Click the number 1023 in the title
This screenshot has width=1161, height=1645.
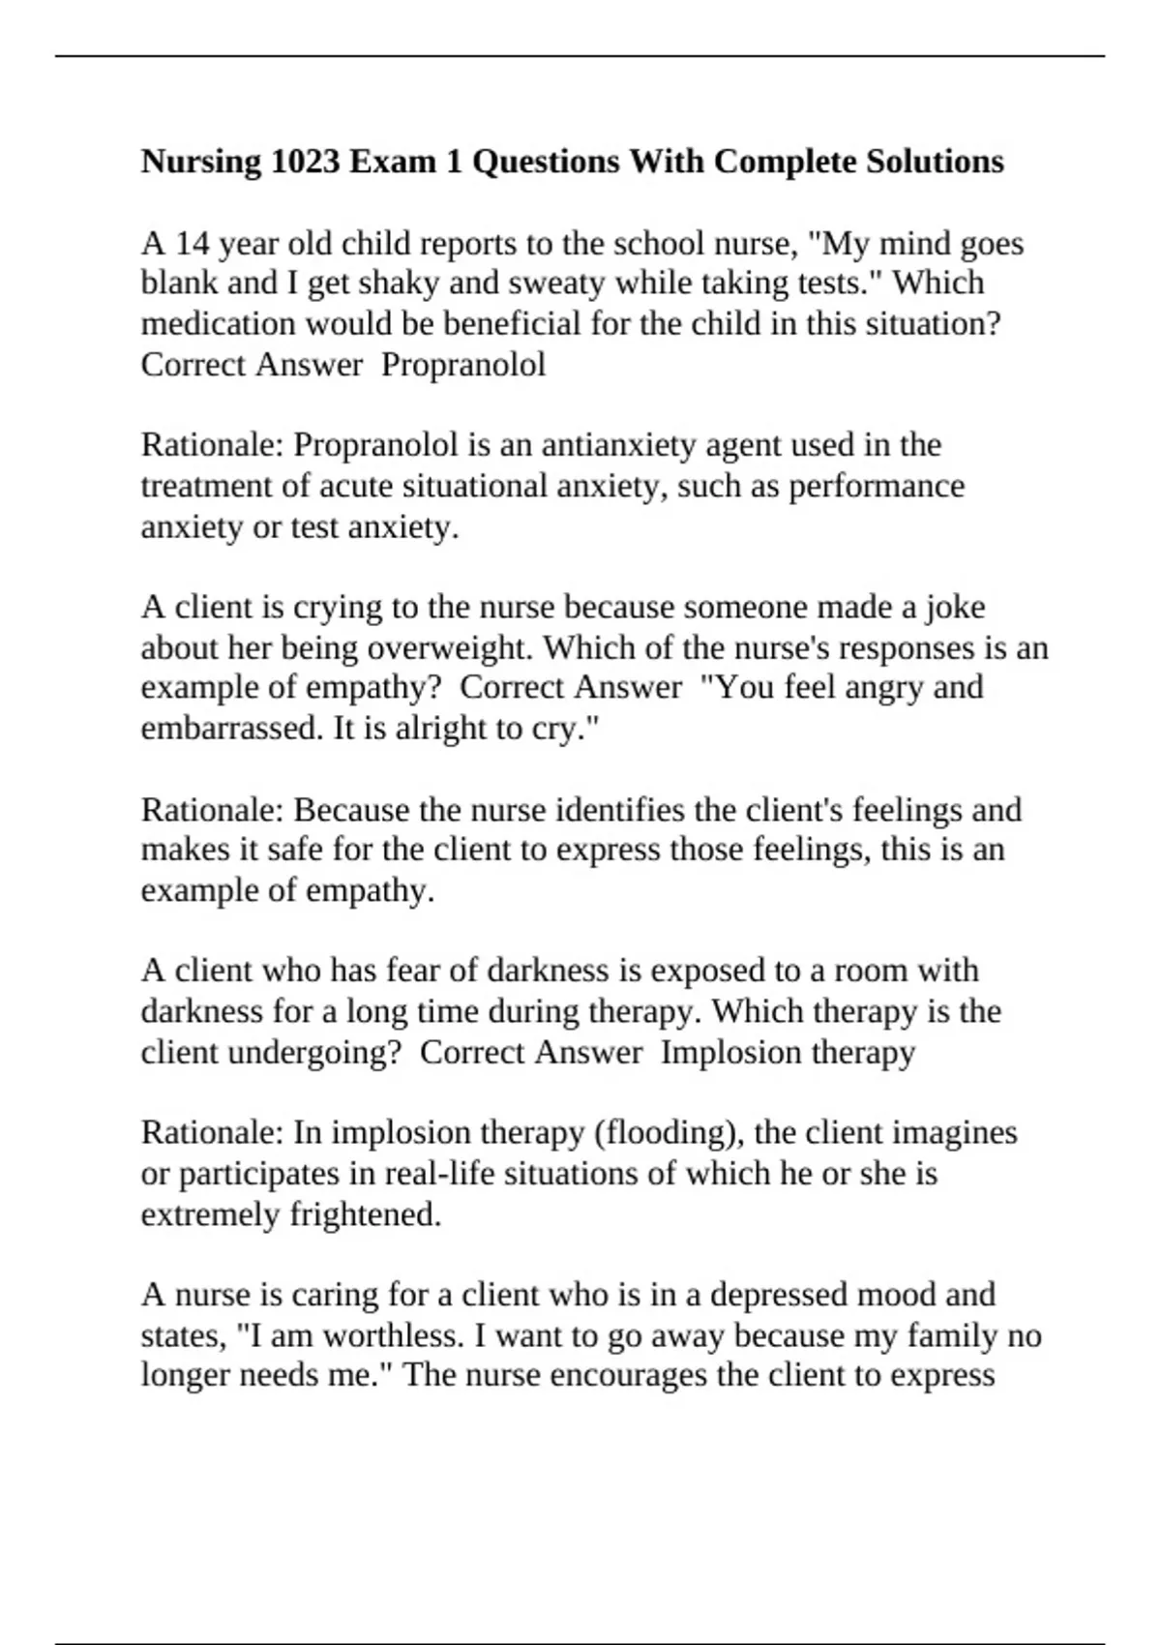pyautogui.click(x=305, y=162)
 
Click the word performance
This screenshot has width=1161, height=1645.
pyautogui.click(x=877, y=486)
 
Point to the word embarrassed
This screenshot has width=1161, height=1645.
pyautogui.click(x=231, y=729)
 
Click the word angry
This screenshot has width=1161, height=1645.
pyautogui.click(x=879, y=688)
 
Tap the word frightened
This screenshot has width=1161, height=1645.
pyautogui.click(x=366, y=1214)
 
